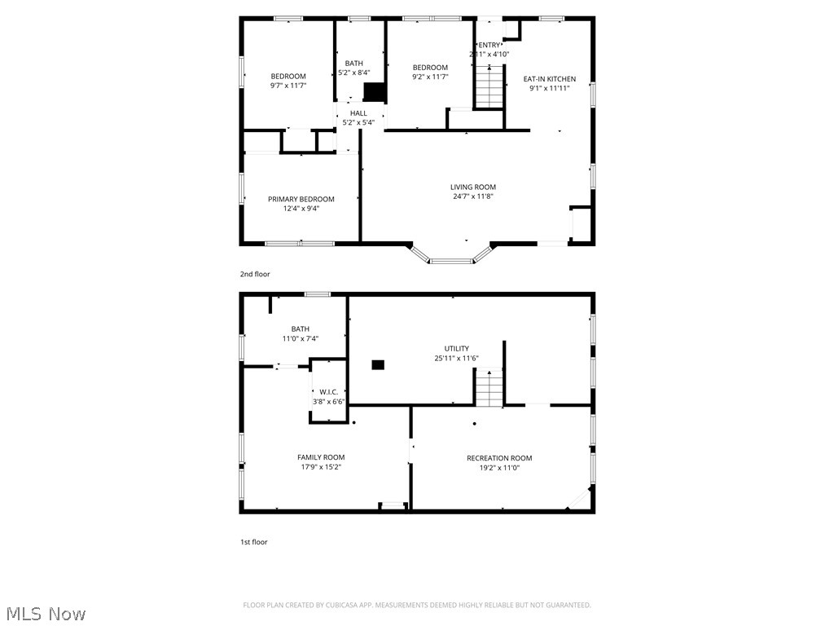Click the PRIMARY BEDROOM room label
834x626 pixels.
[x=301, y=199]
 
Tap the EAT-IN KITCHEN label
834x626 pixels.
[x=549, y=79]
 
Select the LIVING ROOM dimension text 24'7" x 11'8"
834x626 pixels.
[x=473, y=196]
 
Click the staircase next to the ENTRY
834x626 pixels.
[x=489, y=89]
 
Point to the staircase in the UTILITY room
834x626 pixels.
[x=489, y=388]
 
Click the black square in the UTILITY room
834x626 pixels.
[x=377, y=364]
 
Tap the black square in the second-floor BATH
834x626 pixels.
[x=374, y=91]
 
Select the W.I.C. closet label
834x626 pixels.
[x=329, y=391]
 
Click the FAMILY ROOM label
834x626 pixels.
[x=321, y=457]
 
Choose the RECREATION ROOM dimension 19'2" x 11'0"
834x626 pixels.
[x=498, y=468]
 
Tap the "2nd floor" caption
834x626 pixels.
[x=254, y=274]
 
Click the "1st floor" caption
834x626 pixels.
[x=253, y=541]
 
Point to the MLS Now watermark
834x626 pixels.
[x=46, y=613]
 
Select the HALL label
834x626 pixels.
[x=358, y=113]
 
